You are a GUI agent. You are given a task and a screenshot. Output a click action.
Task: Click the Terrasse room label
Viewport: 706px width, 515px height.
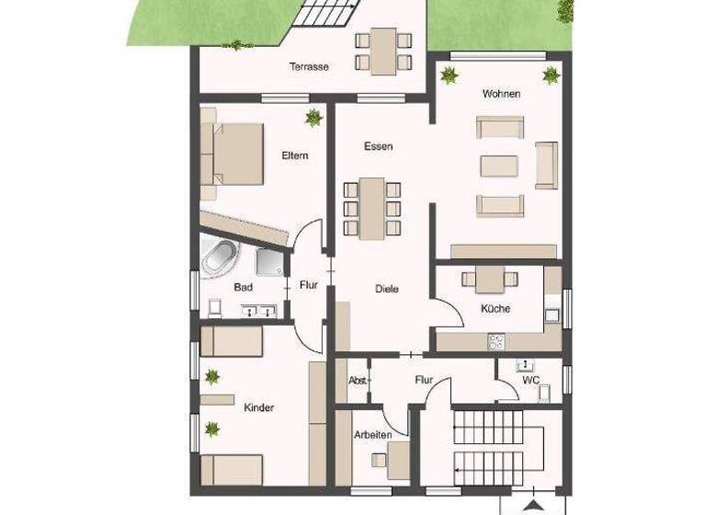click(x=309, y=66)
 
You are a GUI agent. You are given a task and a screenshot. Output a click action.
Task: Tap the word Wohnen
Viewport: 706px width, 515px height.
click(x=501, y=94)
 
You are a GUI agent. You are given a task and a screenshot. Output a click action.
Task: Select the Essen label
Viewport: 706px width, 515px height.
click(x=379, y=146)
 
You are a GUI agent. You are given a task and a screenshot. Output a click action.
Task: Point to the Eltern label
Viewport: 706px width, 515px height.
click(x=294, y=155)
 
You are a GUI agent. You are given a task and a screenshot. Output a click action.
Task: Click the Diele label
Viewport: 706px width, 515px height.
click(x=387, y=289)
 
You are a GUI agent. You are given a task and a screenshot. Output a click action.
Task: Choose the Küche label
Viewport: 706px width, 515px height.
click(x=495, y=309)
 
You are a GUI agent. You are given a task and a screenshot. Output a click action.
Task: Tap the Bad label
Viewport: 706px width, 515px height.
click(x=243, y=288)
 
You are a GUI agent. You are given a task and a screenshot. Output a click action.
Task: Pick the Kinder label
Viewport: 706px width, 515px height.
click(x=259, y=406)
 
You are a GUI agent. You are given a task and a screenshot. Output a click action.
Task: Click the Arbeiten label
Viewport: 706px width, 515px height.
click(x=373, y=435)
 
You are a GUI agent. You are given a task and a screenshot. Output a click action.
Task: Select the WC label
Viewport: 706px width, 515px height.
click(x=530, y=379)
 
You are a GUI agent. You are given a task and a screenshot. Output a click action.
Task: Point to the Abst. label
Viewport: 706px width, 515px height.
click(x=358, y=380)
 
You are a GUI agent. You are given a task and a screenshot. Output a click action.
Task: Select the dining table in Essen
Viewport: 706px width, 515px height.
click(x=372, y=208)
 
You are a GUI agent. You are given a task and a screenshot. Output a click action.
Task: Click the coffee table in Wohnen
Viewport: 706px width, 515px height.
click(x=500, y=166)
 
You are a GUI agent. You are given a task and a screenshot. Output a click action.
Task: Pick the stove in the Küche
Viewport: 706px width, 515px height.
click(x=497, y=341)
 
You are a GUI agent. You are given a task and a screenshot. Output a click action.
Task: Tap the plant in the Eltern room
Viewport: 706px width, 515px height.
click(x=314, y=117)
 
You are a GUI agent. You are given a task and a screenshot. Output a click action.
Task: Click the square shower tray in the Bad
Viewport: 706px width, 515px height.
click(x=270, y=262)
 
